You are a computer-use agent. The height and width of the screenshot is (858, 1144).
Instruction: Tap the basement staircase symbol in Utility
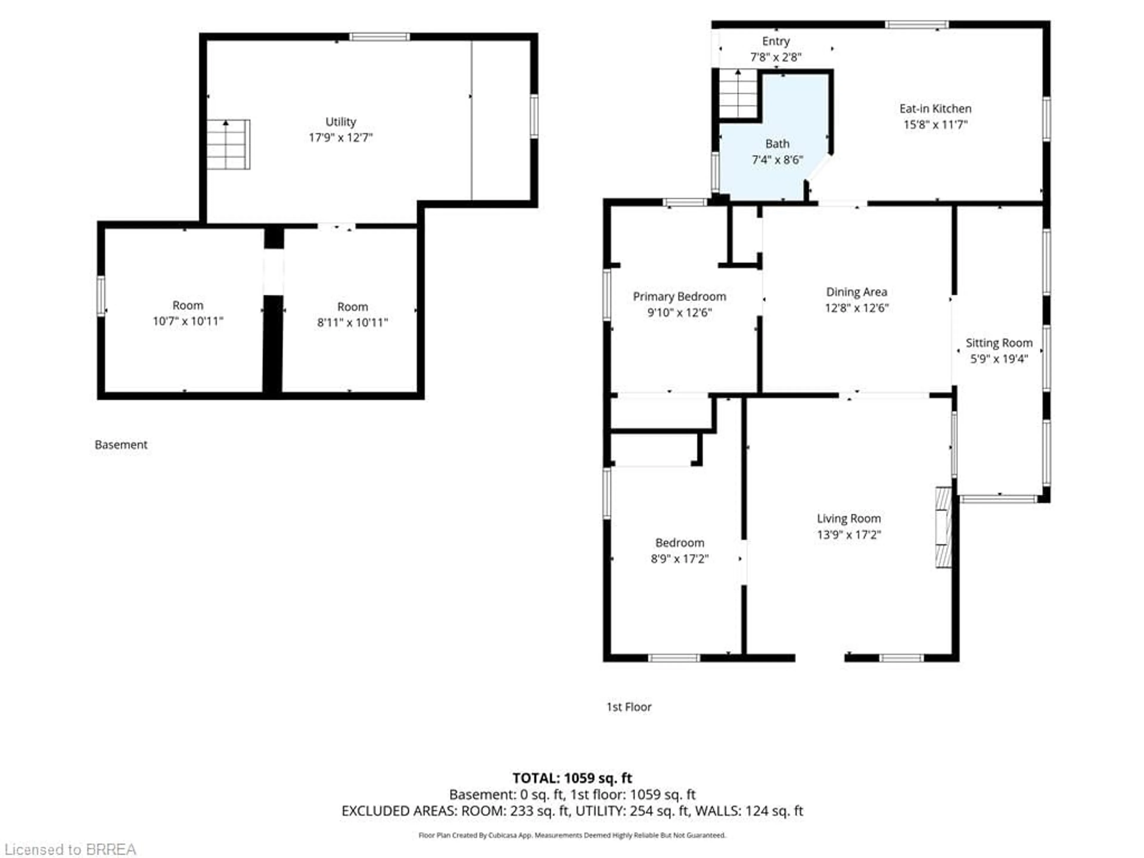(228, 144)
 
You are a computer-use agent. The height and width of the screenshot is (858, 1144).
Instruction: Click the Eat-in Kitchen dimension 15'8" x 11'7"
(935, 125)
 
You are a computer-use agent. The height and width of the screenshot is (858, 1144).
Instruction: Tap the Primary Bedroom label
(679, 296)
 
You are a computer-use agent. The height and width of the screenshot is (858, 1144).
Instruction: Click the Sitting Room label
(999, 343)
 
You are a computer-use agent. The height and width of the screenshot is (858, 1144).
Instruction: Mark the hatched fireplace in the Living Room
(943, 528)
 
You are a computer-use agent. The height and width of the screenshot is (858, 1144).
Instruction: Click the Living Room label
(849, 518)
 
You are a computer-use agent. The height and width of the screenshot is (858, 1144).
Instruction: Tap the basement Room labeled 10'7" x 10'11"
(188, 313)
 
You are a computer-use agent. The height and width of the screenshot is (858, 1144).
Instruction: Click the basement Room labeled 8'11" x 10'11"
(352, 314)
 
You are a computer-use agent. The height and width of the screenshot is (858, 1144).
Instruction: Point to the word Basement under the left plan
(121, 445)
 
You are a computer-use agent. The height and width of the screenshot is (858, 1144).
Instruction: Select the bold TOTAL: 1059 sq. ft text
(572, 778)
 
